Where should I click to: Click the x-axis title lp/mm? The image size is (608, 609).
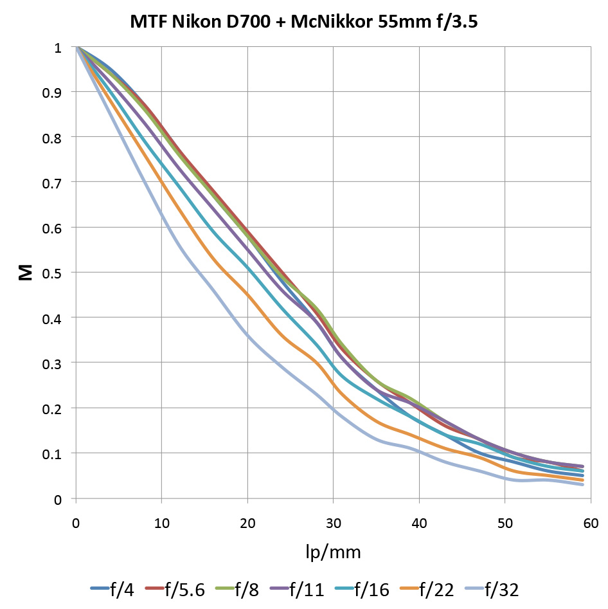tap(333, 551)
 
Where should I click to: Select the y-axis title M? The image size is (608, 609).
tap(25, 273)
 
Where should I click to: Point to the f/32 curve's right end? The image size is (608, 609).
tap(582, 484)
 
